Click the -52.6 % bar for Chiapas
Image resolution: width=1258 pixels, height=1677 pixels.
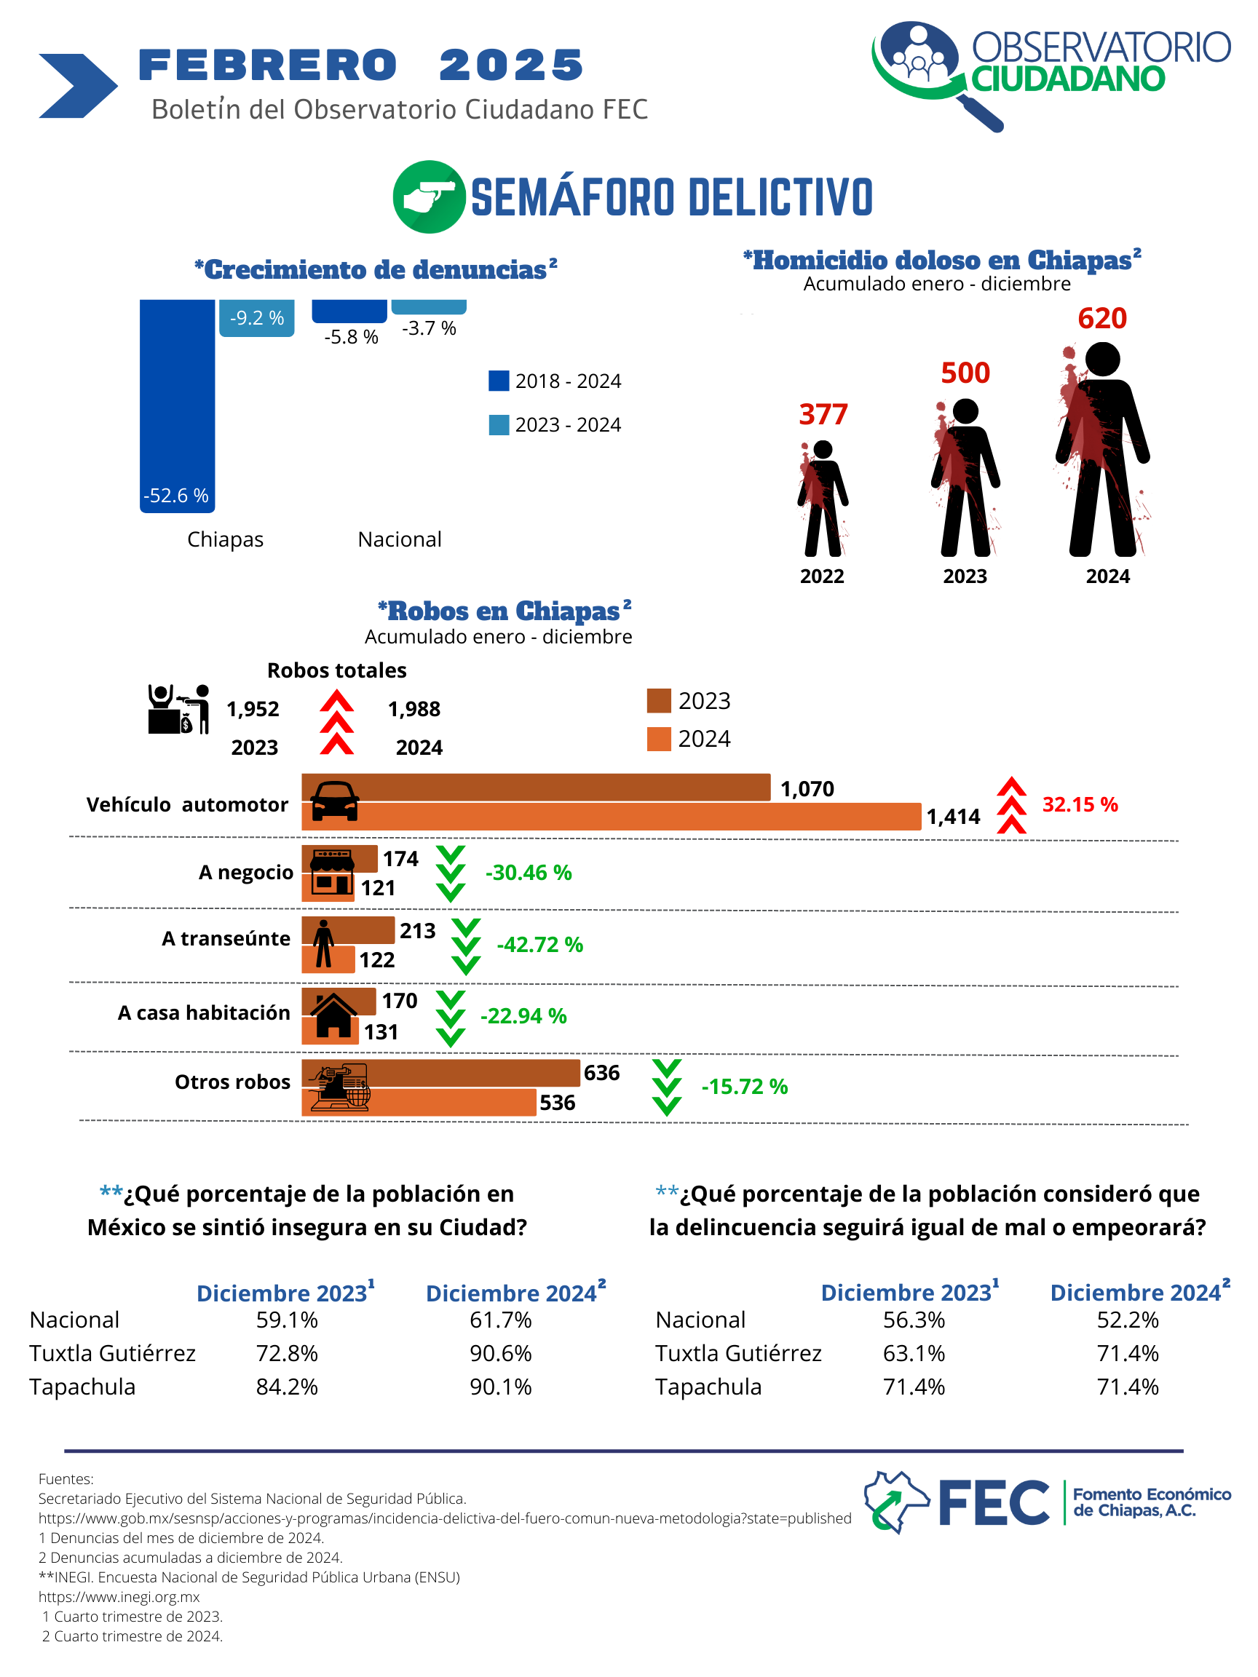click(177, 405)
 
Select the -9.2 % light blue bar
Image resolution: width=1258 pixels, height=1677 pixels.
click(256, 317)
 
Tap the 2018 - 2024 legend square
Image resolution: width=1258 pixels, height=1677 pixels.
click(498, 381)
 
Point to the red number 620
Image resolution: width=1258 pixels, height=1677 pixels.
click(1101, 318)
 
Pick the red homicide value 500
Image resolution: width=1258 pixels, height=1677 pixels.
click(965, 373)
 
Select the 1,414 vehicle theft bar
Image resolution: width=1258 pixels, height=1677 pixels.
click(612, 817)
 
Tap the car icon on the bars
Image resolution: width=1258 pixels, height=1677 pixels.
click(334, 801)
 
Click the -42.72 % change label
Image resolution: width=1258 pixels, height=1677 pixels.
click(539, 945)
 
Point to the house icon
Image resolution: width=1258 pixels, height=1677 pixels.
click(333, 1016)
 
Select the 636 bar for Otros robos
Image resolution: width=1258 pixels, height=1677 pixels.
click(440, 1073)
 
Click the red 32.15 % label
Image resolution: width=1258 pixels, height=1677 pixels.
click(1080, 804)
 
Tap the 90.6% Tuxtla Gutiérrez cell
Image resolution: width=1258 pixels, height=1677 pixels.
click(500, 1353)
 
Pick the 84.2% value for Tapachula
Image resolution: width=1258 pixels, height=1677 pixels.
click(287, 1387)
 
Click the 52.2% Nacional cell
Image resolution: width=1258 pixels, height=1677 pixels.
click(1128, 1320)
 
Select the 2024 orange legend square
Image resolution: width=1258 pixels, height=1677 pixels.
click(658, 740)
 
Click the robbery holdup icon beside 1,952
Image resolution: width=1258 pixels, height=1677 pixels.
click(178, 709)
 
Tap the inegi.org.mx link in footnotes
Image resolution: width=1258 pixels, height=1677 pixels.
click(119, 1597)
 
